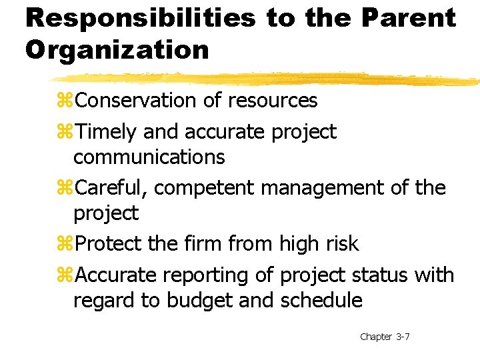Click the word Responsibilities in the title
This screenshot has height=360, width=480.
[x=140, y=18]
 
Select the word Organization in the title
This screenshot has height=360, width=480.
[x=117, y=49]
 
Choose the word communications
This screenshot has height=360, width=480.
[x=149, y=157]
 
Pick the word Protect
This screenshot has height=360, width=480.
[x=109, y=244]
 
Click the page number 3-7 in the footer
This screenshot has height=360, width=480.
[x=403, y=337]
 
